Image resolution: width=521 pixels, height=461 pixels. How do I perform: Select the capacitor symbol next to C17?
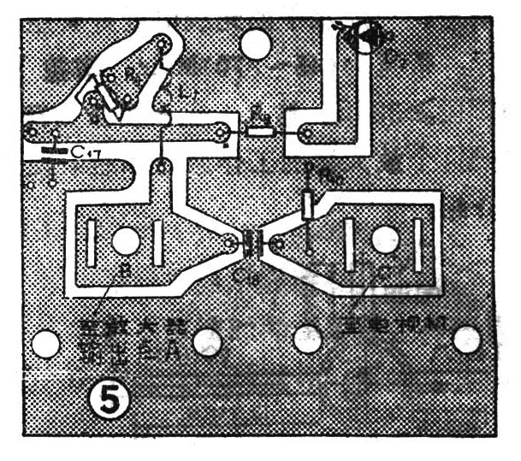tap(53, 157)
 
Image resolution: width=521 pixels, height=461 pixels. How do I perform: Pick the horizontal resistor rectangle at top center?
tap(260, 133)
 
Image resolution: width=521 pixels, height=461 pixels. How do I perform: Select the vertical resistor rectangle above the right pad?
tap(309, 205)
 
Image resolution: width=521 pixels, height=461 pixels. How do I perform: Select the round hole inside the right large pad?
tap(382, 240)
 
